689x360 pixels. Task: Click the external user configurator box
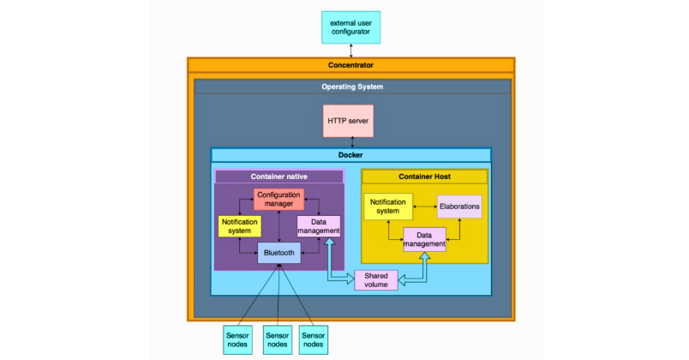click(350, 27)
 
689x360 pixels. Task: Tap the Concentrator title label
click(350, 65)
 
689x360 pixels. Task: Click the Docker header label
click(351, 155)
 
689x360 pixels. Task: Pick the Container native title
click(279, 177)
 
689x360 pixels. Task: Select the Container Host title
click(424, 177)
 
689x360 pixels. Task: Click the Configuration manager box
click(279, 199)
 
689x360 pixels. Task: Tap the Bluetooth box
click(279, 253)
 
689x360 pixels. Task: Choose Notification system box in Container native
click(239, 226)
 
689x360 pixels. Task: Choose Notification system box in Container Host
click(388, 206)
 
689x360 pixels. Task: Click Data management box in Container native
click(319, 225)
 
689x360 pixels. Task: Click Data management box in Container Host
click(424, 239)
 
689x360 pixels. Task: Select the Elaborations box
click(459, 207)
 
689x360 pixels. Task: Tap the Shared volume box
click(376, 280)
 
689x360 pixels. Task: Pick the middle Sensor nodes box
click(279, 339)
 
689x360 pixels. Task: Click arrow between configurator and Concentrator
click(350, 51)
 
